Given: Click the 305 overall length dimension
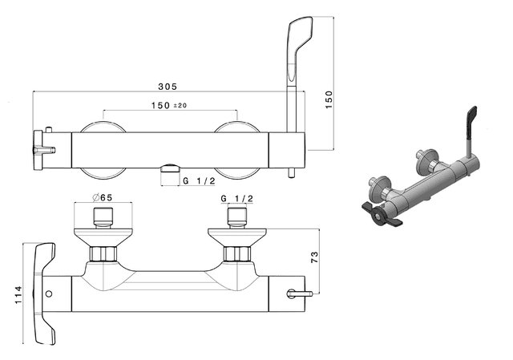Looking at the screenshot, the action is coord(168,87).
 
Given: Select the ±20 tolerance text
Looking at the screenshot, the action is coord(180,105).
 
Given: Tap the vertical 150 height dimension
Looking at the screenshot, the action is coord(329,99).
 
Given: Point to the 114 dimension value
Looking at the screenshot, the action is coord(18,294).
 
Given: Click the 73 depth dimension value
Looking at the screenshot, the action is coord(314,257).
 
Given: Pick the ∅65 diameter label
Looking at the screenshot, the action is coord(102,197).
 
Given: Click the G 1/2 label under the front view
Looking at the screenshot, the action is coord(199,180).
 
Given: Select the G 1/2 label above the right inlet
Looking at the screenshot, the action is coord(237,198).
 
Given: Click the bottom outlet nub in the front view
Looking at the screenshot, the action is coord(170,168).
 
